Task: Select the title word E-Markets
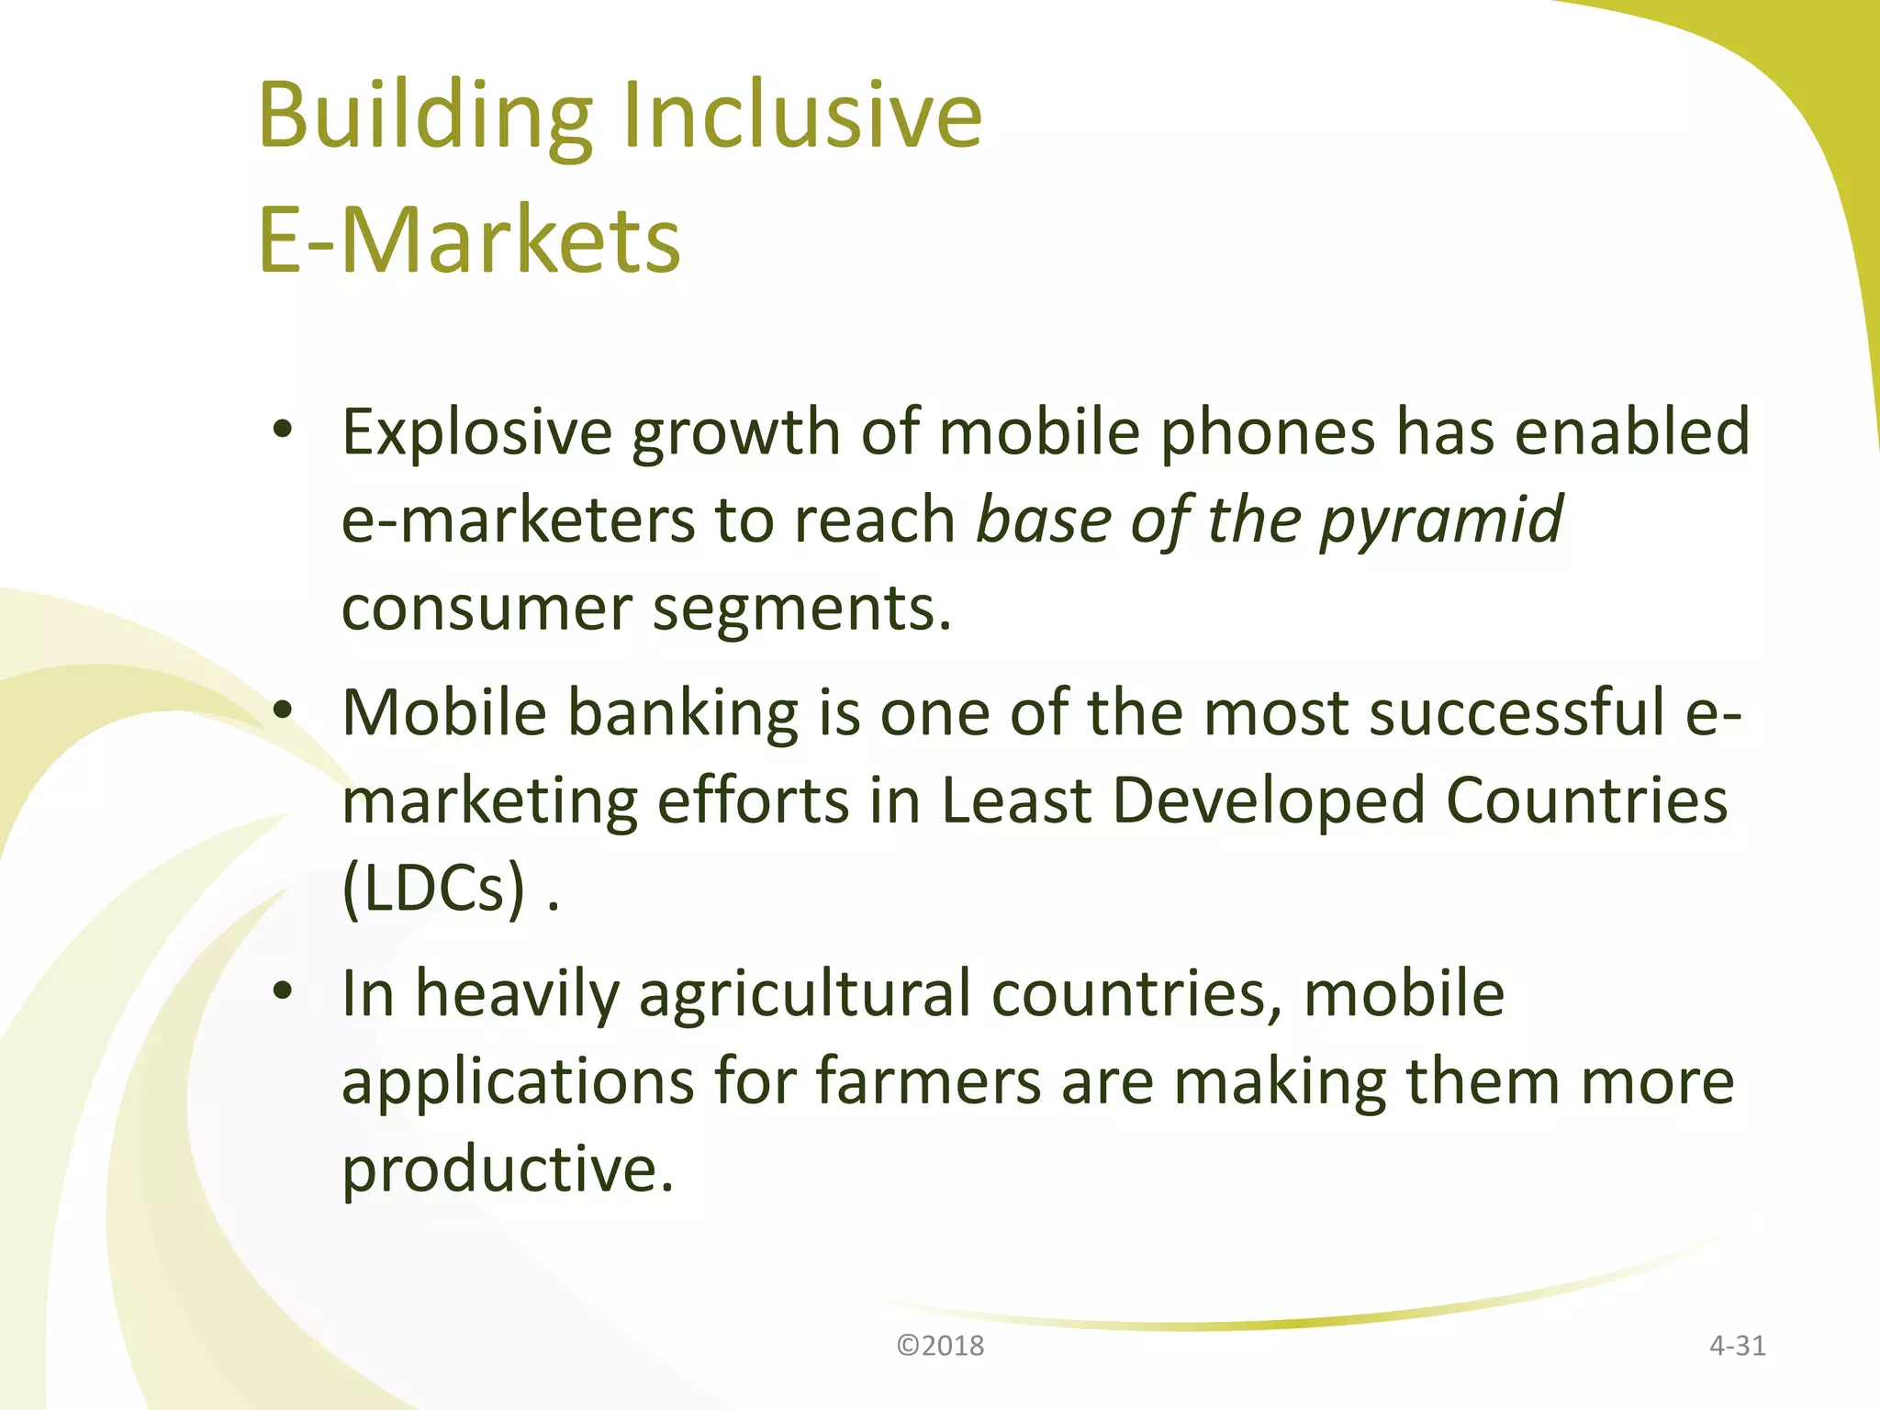[x=469, y=240]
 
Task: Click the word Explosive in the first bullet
[x=476, y=431]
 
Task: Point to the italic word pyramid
[x=1441, y=521]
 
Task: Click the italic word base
[x=1044, y=520]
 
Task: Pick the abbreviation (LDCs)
[x=434, y=888]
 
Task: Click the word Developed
[x=1269, y=800]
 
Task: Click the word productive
[x=508, y=1169]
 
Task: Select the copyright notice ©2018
[x=940, y=1346]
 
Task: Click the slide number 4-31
[x=1737, y=1346]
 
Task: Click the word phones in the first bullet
[x=1268, y=431]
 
